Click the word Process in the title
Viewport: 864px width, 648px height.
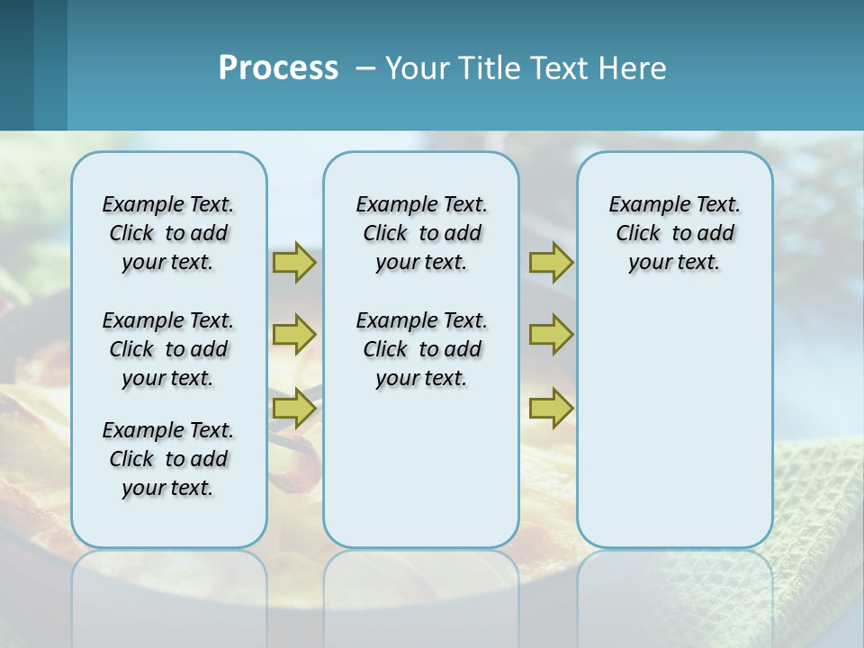click(278, 68)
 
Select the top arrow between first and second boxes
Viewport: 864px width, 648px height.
click(294, 262)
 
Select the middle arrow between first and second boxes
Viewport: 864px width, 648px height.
click(294, 335)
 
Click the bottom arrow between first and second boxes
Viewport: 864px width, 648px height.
click(294, 408)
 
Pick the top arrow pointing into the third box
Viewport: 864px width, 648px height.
click(551, 262)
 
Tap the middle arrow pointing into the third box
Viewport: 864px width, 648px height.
click(551, 335)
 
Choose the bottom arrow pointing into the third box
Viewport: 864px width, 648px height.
click(551, 408)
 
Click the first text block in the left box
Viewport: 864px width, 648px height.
click(168, 233)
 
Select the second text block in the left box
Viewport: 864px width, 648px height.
click(168, 349)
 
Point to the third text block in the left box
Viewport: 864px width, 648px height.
click(168, 459)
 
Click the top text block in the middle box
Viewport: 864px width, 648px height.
click(422, 233)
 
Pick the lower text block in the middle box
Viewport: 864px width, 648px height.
click(422, 349)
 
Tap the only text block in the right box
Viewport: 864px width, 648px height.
click(675, 233)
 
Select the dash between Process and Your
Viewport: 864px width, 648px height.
click(365, 68)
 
